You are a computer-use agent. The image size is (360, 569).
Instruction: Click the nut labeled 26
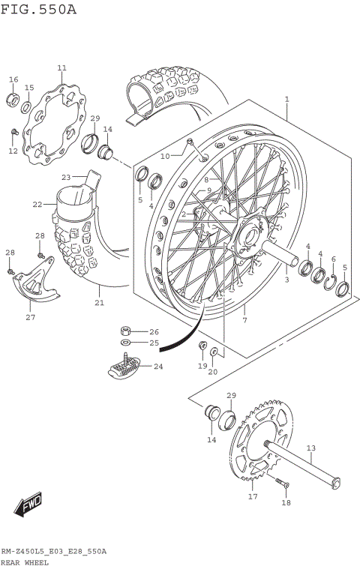(126, 331)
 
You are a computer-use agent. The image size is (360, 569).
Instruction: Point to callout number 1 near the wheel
(286, 98)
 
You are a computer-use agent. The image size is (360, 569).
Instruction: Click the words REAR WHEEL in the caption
(25, 562)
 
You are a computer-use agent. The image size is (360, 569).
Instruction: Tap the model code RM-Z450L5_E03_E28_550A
(53, 551)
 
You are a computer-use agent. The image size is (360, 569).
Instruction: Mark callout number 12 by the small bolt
(13, 151)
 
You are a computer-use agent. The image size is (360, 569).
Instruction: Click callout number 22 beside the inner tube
(37, 204)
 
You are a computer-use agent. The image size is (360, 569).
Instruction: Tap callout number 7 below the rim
(244, 321)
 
